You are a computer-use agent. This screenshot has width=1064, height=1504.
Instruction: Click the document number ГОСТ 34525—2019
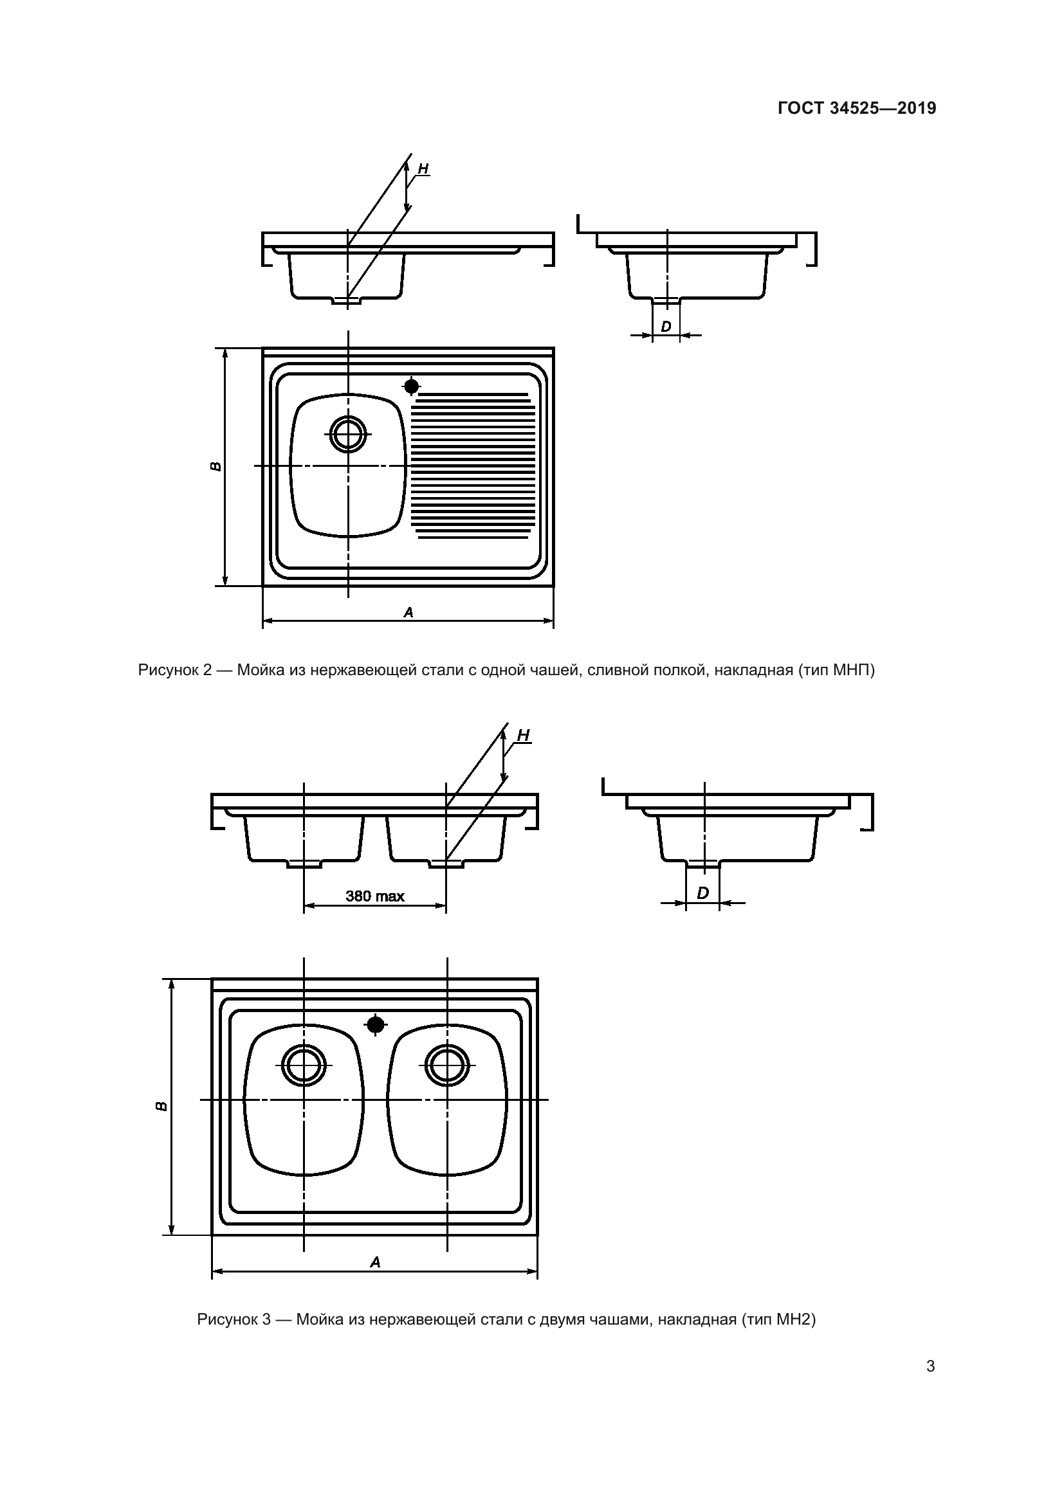(857, 109)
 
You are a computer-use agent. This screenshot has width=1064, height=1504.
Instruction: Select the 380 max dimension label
(375, 896)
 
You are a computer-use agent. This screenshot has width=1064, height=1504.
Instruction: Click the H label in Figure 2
(423, 168)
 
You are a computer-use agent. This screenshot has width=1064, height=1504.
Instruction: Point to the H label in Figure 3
(523, 736)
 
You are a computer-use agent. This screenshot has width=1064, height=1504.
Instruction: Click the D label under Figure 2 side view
(666, 325)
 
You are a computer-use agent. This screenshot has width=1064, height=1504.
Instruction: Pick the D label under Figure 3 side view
(702, 893)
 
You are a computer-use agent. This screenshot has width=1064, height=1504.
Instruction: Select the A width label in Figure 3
(375, 1262)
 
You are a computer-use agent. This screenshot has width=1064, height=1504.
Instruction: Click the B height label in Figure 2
(216, 466)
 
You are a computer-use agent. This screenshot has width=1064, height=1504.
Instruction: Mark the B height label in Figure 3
(161, 1107)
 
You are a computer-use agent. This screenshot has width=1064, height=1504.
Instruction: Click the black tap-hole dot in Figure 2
(412, 386)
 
